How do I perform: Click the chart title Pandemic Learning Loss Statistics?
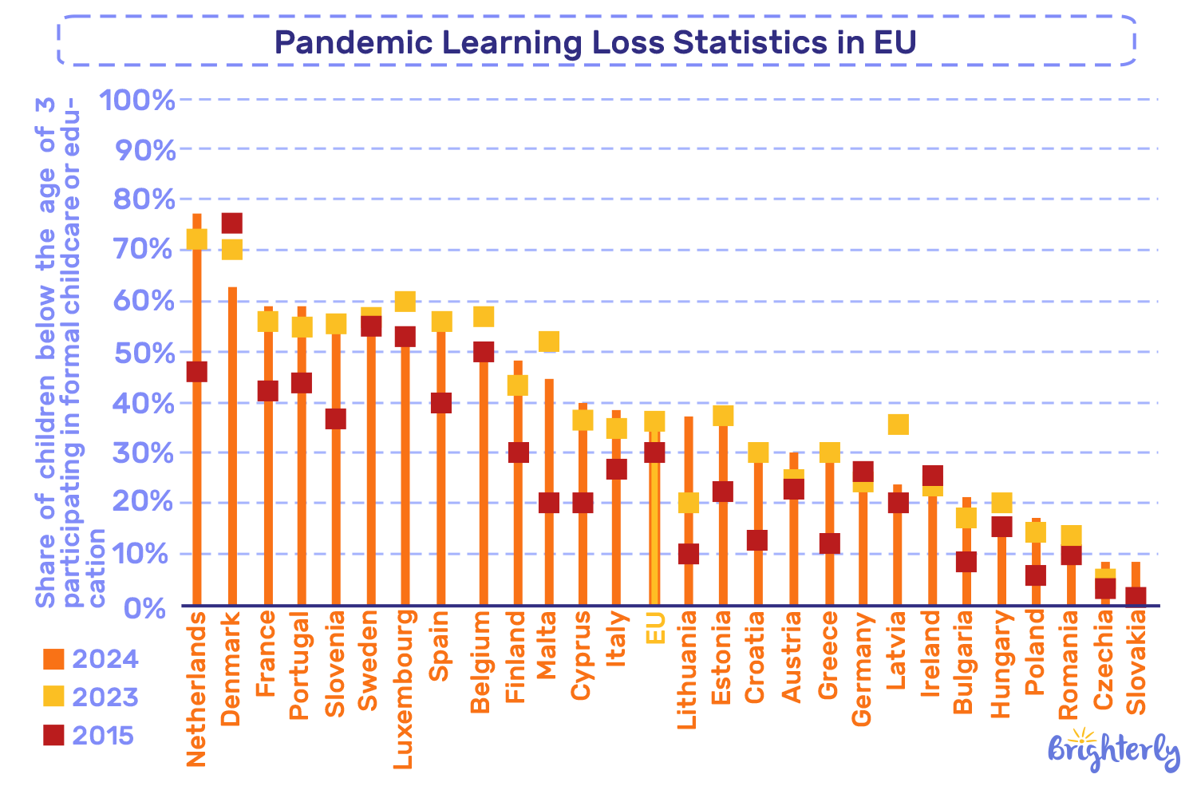tap(595, 41)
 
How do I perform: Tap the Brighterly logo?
tap(1113, 751)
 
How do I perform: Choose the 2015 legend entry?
tap(88, 735)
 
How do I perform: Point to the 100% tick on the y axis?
tap(136, 101)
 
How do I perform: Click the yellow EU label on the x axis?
tap(655, 628)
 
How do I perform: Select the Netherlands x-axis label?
tap(196, 689)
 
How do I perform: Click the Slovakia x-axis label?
tap(1136, 658)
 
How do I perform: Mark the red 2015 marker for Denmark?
tap(231, 223)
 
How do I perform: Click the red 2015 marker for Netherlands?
tap(196, 372)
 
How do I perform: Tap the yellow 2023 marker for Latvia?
tap(898, 424)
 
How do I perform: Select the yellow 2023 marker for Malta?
tap(549, 342)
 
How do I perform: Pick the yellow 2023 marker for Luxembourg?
tap(405, 302)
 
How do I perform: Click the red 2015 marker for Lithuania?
tap(689, 554)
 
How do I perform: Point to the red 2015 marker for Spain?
tap(441, 403)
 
